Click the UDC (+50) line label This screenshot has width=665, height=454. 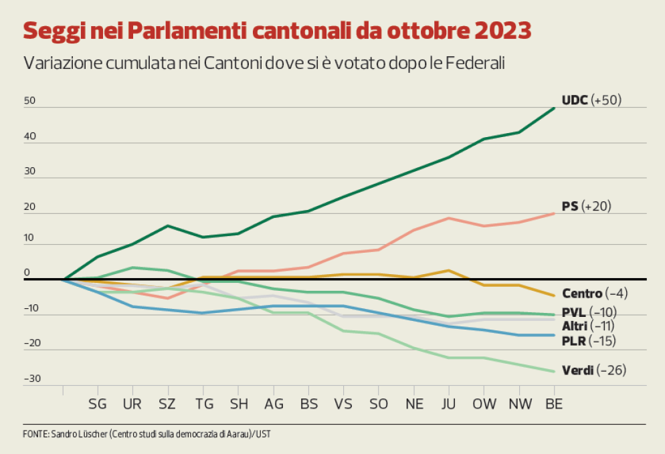[591, 100]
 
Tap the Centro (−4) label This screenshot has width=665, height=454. [594, 293]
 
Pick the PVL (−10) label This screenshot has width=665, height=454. [589, 312]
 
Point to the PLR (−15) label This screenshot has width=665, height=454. [588, 340]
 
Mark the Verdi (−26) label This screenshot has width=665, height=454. [593, 370]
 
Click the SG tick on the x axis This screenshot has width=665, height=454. [98, 404]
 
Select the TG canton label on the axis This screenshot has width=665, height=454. [203, 404]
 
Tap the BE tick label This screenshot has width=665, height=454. [554, 404]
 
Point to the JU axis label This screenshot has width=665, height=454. [448, 404]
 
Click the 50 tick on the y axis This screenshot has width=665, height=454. [29, 101]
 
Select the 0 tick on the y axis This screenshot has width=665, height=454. [27, 273]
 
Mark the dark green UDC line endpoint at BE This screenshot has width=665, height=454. [554, 108]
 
